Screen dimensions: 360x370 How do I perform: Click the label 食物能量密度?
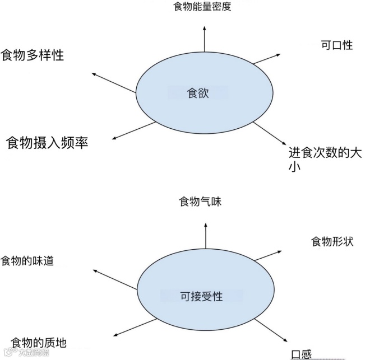tap(202, 7)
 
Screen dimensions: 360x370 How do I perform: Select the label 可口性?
tap(336, 45)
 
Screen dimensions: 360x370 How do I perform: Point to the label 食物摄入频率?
tap(47, 142)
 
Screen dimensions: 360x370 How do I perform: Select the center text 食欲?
tap(197, 93)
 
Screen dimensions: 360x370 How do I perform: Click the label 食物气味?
tap(200, 202)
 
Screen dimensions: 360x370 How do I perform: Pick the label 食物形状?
tap(332, 242)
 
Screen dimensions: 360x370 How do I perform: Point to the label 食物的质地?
tap(43, 342)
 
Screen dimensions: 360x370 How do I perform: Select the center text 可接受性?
tap(201, 296)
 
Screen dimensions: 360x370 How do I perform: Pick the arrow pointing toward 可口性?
tap(266, 58)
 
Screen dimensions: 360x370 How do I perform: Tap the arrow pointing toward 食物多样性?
tap(114, 83)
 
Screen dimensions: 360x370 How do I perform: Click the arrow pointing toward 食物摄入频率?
tap(134, 130)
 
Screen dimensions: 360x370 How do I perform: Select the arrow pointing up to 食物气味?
tap(206, 234)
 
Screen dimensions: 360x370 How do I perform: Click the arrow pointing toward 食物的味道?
tap(115, 279)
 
